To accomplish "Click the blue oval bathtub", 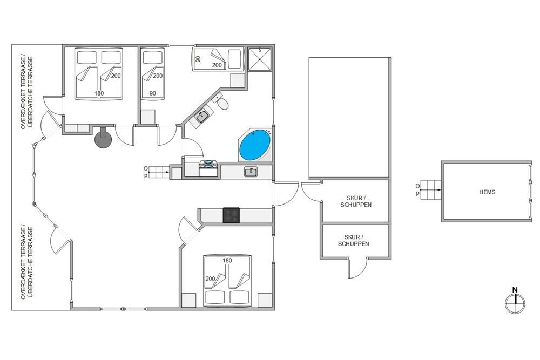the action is (x=255, y=145).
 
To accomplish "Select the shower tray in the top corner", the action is (x=260, y=59).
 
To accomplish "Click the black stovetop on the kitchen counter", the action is (x=231, y=215).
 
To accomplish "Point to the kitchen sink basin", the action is (x=251, y=172).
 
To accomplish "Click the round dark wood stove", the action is (x=103, y=139).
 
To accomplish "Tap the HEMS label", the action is (x=487, y=192).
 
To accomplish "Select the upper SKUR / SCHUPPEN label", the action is (x=356, y=201).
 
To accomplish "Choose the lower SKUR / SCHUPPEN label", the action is (x=353, y=241).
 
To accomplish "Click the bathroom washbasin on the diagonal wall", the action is (x=201, y=117).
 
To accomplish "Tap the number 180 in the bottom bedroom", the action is (x=227, y=261).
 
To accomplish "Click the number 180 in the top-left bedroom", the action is (x=99, y=93).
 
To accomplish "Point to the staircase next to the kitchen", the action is (x=159, y=172).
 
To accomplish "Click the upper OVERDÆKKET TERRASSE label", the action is (x=23, y=92).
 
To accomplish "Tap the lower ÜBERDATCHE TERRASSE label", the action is (x=30, y=262).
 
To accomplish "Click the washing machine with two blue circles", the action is (x=208, y=168).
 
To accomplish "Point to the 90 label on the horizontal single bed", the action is (x=198, y=59).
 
